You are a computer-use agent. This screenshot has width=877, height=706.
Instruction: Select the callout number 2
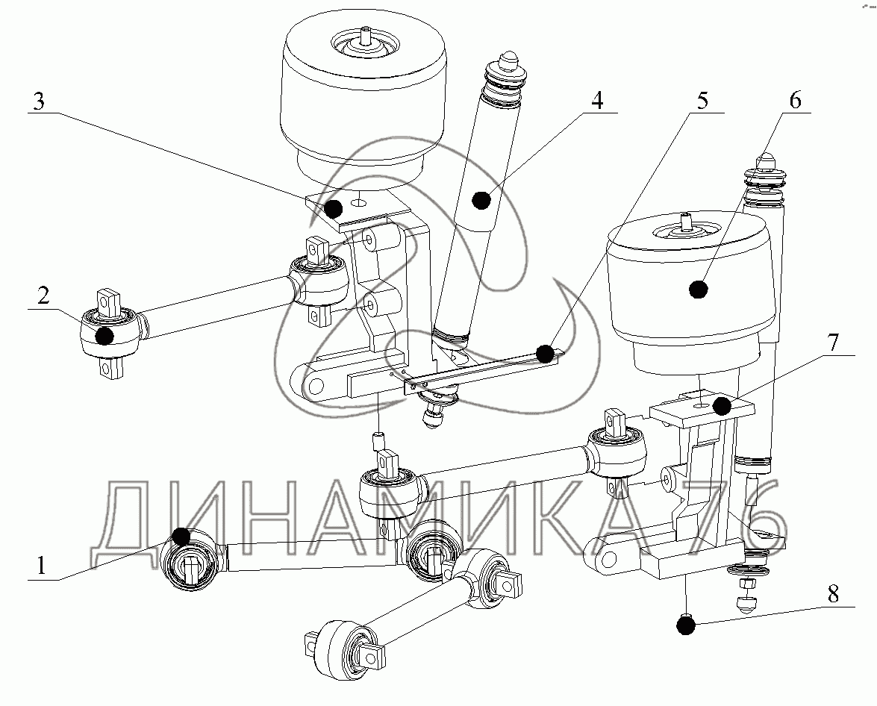44,297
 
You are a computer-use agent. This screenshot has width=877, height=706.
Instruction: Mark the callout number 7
834,344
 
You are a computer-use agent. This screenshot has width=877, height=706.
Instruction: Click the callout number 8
834,594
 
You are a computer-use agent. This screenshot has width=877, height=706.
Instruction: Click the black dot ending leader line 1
181,535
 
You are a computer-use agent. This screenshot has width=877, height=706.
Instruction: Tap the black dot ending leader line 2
106,336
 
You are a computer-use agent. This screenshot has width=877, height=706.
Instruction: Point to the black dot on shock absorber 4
481,199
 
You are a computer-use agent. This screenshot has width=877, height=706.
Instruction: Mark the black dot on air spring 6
699,289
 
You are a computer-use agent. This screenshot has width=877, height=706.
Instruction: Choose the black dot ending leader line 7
720,406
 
